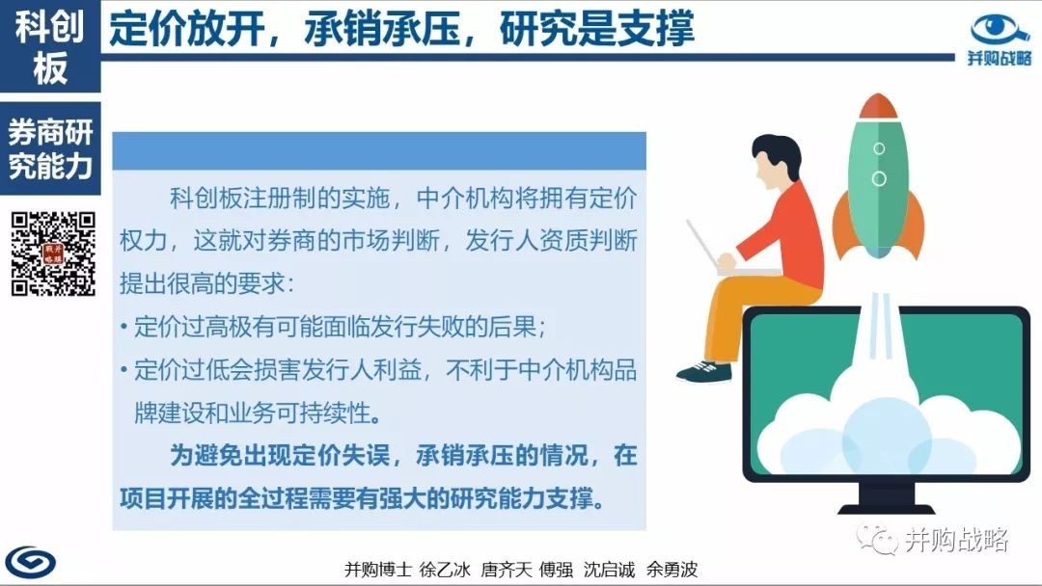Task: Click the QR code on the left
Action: [53, 253]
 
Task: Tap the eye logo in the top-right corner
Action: [1000, 30]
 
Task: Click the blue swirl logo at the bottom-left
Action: [31, 563]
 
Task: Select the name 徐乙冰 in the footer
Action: [445, 569]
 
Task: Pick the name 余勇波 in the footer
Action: [672, 569]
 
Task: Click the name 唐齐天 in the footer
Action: [507, 569]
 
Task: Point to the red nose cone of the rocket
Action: [878, 105]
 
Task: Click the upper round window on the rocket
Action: [879, 148]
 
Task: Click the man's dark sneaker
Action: [703, 372]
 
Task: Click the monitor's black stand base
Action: [887, 508]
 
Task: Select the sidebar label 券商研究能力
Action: [50, 148]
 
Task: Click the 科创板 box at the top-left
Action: [50, 46]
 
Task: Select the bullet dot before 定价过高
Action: [124, 327]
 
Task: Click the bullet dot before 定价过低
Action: [124, 370]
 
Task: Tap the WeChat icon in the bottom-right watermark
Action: [877, 539]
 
